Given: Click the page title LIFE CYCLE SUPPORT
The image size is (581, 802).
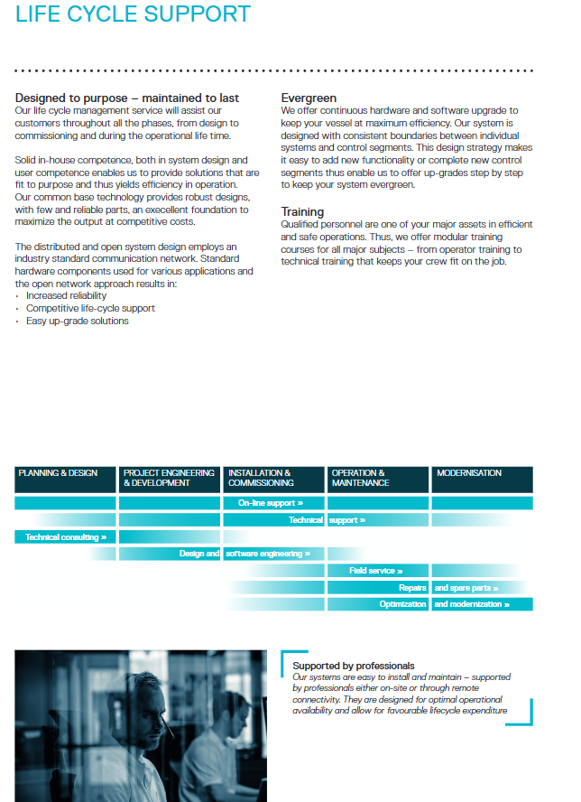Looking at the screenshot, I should [x=134, y=15].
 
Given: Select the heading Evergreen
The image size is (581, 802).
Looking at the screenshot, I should [x=309, y=98].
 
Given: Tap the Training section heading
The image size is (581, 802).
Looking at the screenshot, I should [x=302, y=212].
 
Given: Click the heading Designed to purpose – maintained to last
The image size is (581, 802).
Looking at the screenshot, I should [x=127, y=98].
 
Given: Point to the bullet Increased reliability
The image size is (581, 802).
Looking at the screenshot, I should [x=66, y=295].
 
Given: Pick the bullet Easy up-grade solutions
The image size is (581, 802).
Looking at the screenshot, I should [x=77, y=321].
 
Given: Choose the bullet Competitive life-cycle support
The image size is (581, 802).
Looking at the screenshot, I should [x=90, y=308].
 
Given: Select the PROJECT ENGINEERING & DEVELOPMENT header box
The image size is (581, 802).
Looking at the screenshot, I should [x=170, y=479].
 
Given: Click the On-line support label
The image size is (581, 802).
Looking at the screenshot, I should [x=271, y=503].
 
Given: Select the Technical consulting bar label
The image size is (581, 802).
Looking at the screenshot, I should [x=66, y=537].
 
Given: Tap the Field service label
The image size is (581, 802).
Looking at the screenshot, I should [x=376, y=571].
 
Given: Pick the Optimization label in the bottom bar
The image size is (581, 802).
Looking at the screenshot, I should [x=402, y=604].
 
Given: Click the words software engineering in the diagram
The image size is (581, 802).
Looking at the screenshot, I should [x=268, y=554].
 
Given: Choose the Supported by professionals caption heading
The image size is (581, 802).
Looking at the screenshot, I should [x=354, y=666].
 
